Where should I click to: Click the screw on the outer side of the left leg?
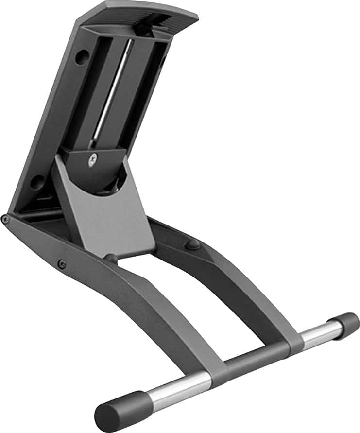[62, 264]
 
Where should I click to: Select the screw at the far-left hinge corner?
[5, 219]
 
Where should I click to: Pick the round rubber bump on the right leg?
[193, 243]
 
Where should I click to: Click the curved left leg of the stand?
[121, 311]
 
